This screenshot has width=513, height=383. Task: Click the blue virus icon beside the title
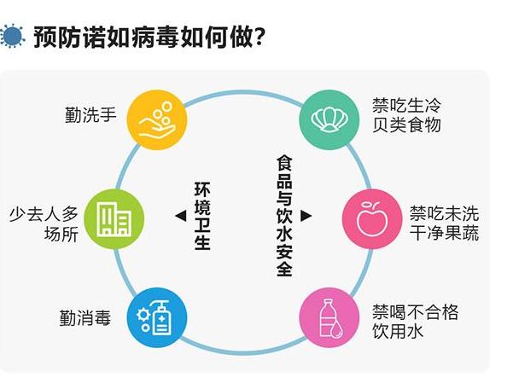click(12, 36)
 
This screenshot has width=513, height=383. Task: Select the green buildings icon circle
click(114, 218)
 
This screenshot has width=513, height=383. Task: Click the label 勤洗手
click(90, 113)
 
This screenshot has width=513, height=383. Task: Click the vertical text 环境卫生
click(201, 215)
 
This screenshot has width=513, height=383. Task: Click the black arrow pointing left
click(179, 216)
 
